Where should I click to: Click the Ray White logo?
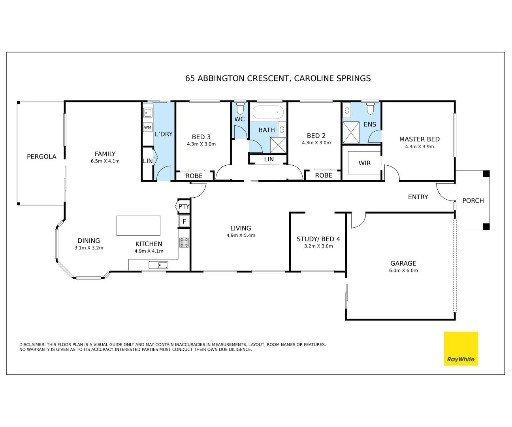(x=461, y=349)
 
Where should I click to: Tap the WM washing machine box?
(x=148, y=127)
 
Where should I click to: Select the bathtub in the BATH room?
(x=268, y=112)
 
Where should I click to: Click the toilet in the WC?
(x=240, y=108)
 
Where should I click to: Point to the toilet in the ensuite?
(x=370, y=108)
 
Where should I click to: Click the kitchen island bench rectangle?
(x=138, y=225)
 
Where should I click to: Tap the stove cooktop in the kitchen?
(x=184, y=242)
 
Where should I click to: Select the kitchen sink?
(x=158, y=265)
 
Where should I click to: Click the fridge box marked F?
(x=184, y=221)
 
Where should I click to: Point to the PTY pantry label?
(x=184, y=206)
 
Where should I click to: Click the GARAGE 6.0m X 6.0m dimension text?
(x=403, y=270)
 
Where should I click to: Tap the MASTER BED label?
(x=419, y=139)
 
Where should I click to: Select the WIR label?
(x=365, y=163)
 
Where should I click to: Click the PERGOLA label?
(x=41, y=157)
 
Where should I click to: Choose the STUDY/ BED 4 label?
(x=318, y=239)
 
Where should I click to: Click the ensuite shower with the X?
(x=351, y=132)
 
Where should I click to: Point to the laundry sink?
(x=148, y=113)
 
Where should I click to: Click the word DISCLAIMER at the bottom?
(x=32, y=344)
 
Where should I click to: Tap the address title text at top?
(x=278, y=78)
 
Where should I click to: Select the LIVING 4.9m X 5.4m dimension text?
(x=241, y=235)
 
